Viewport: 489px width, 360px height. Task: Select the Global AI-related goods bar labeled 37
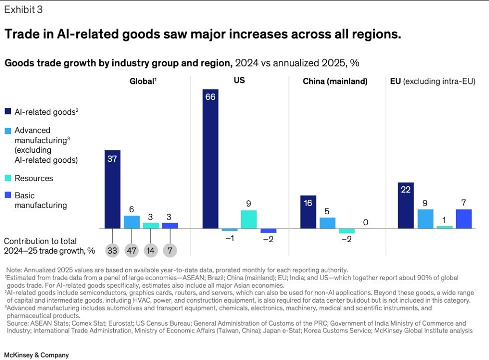(x=112, y=189)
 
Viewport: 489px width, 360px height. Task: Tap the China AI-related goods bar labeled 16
(x=308, y=212)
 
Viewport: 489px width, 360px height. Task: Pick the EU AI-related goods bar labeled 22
(x=406, y=205)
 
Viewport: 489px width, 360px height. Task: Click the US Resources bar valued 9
(x=248, y=219)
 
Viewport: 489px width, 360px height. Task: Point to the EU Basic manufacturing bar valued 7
(x=464, y=219)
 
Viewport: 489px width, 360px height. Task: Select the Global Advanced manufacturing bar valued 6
(x=132, y=222)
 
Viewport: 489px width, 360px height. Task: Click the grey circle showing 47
(x=132, y=251)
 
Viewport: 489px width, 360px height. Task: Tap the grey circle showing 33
(x=112, y=251)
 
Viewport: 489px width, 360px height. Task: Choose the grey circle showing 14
(x=151, y=251)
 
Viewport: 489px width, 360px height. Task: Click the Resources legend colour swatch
(x=8, y=178)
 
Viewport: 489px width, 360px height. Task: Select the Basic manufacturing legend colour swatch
(x=8, y=196)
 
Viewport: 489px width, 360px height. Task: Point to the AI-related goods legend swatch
(x=8, y=112)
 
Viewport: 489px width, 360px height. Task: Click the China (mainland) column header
(x=335, y=81)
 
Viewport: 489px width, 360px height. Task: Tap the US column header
(x=239, y=80)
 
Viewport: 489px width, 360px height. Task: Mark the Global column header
(x=141, y=81)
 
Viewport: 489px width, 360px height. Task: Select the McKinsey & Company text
(x=36, y=355)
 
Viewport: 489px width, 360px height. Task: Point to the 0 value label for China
(x=365, y=222)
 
